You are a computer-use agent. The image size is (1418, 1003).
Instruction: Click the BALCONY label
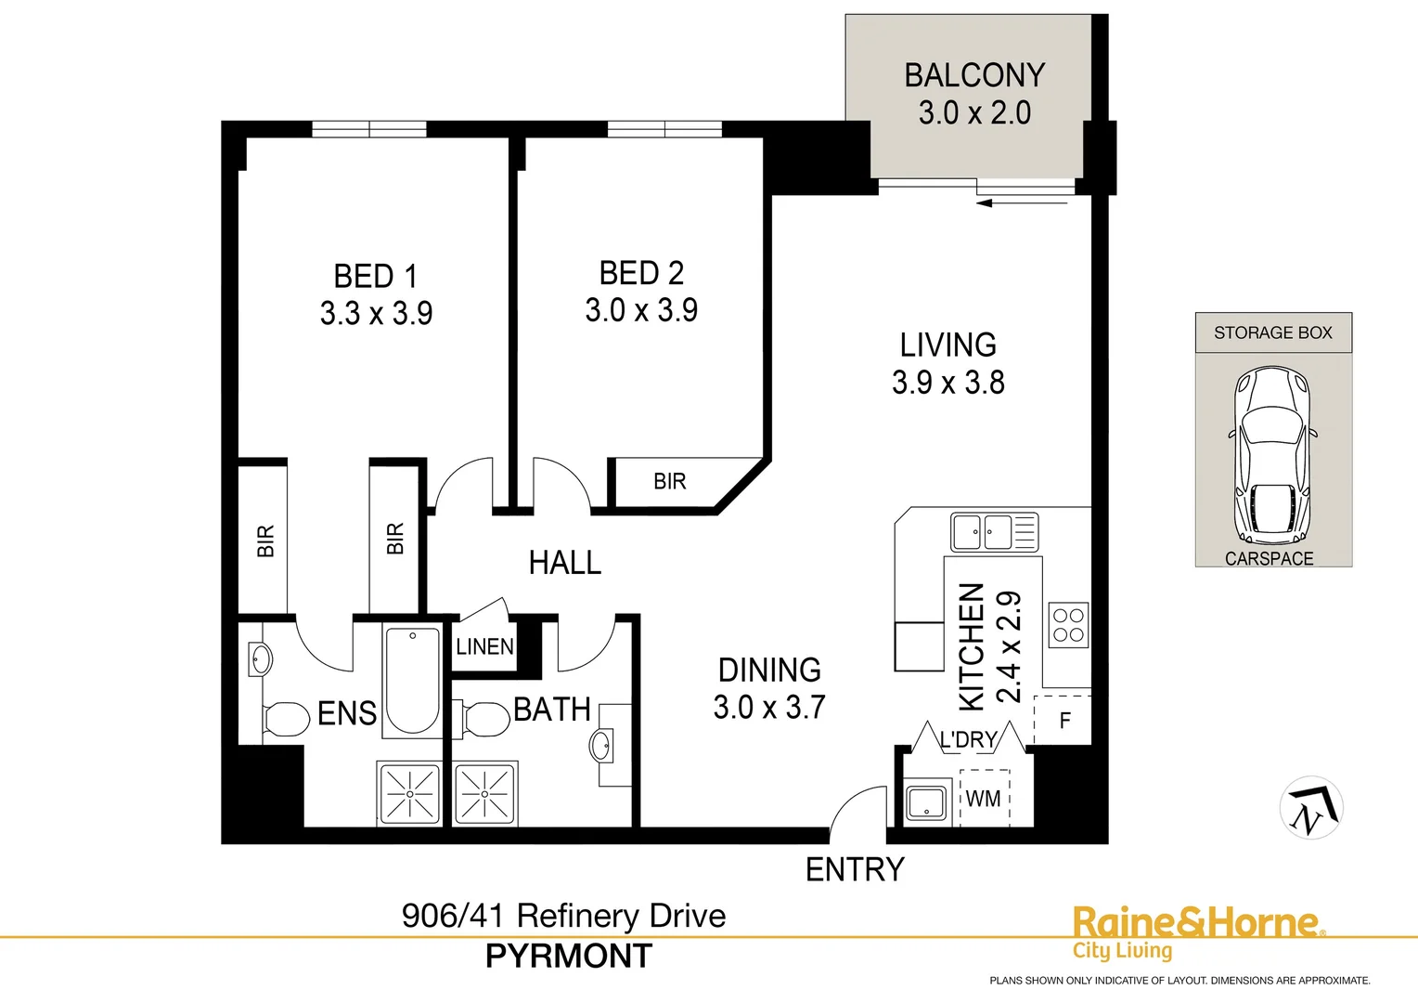point(974,75)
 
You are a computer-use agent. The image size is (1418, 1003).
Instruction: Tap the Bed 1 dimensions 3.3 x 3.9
point(376,314)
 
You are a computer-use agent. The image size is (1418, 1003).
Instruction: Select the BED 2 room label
point(641,273)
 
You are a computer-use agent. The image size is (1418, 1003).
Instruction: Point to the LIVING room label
point(947,345)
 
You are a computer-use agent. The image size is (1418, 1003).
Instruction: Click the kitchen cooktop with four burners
point(1067,625)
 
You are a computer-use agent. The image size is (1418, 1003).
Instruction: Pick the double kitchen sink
point(994,533)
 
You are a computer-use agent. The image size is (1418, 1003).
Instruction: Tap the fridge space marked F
point(1064,720)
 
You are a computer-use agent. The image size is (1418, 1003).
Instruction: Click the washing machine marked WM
point(984,799)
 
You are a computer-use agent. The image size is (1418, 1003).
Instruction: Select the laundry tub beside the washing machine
point(925,801)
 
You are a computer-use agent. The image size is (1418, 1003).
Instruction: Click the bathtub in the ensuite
point(412,681)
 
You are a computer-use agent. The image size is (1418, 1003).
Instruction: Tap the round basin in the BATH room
point(601,745)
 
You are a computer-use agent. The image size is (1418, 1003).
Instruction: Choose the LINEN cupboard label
point(484,646)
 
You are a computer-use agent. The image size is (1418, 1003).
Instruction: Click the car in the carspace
point(1271,455)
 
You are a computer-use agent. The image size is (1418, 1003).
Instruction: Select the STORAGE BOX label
point(1272,332)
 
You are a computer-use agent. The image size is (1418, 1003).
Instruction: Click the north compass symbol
point(1311,808)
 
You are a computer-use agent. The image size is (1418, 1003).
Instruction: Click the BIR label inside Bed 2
point(669,481)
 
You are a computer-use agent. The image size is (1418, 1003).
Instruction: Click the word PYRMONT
point(569,956)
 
